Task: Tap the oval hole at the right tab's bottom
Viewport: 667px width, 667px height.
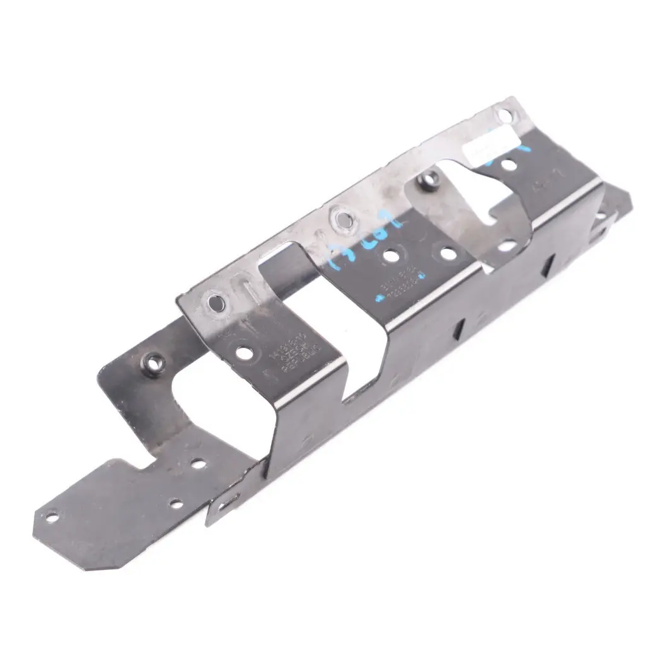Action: [x=506, y=246]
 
